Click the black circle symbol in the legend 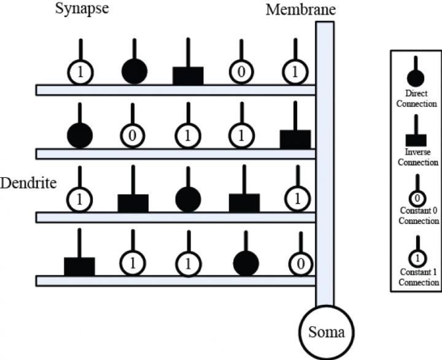416,77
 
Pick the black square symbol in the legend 416,139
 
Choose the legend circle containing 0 416,198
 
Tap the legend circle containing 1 416,258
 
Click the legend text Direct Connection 416,99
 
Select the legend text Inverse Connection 416,158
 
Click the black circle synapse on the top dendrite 134,72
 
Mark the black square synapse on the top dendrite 188,75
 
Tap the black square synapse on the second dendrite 295,139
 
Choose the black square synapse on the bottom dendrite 79,266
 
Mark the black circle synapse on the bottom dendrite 246,263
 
